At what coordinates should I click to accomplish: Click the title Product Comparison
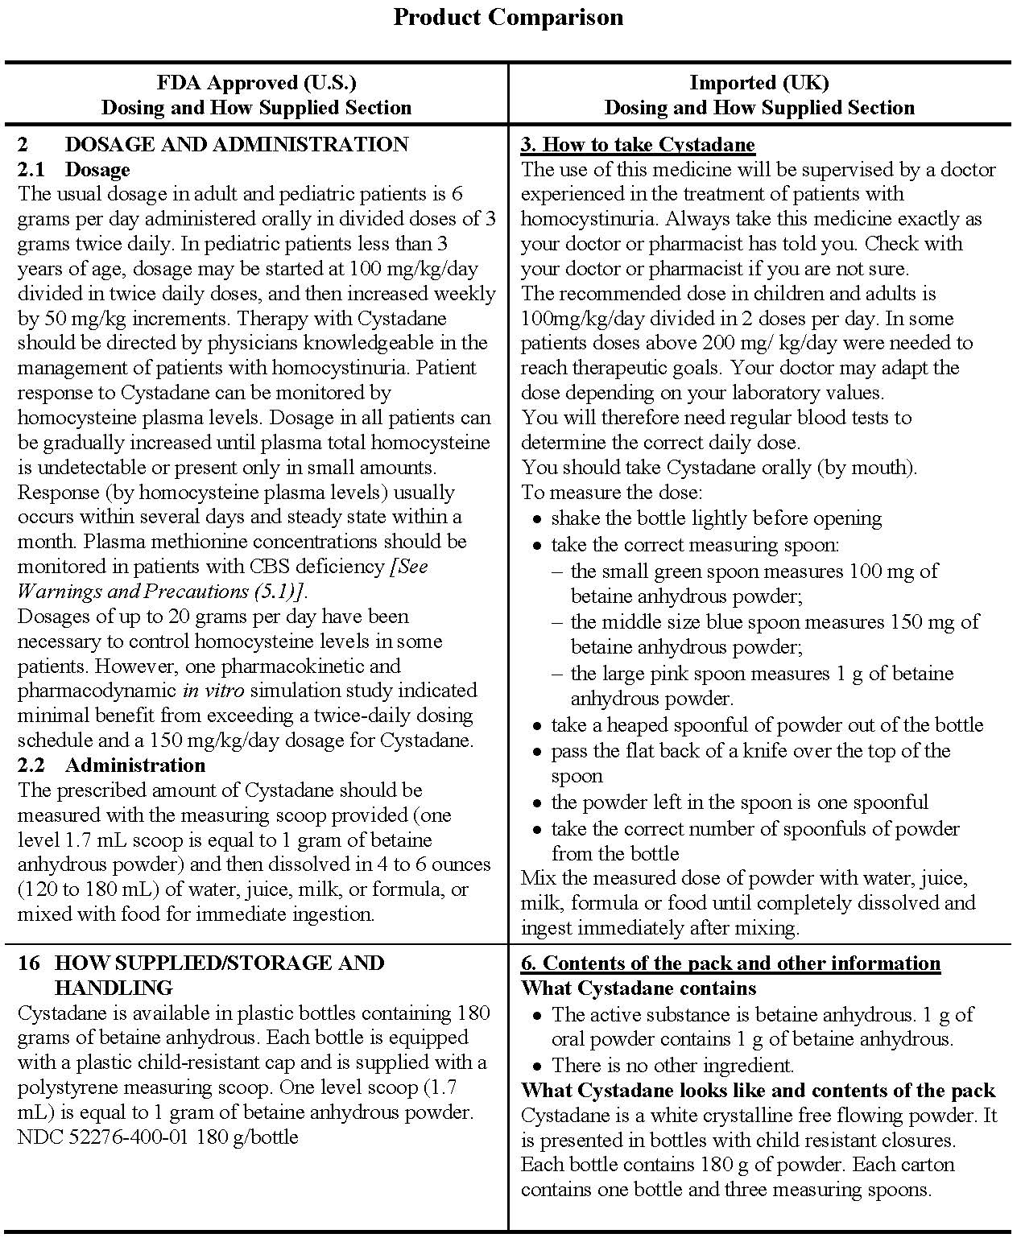coord(507,17)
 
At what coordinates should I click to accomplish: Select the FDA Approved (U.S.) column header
coord(256,82)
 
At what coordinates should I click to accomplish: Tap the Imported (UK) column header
coord(759,82)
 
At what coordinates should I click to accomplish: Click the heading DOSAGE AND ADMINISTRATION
coord(236,145)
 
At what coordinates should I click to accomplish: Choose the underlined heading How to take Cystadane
coord(638,145)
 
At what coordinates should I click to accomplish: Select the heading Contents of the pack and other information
coord(730,963)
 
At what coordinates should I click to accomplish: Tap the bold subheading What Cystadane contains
coord(639,988)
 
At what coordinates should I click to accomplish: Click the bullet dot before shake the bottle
coord(537,519)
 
